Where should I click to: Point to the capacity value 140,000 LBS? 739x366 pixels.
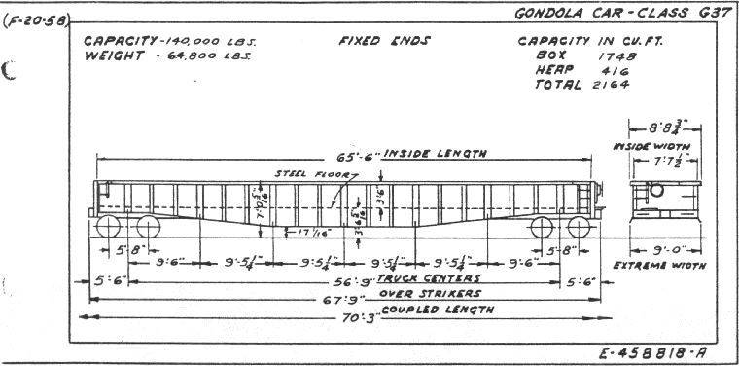coord(202,42)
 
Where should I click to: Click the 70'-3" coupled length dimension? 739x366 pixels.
coord(346,310)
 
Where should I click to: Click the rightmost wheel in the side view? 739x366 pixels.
coord(580,227)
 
